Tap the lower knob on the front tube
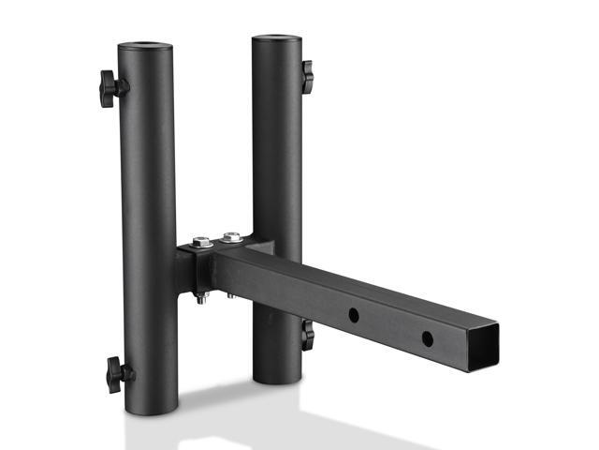click(x=117, y=374)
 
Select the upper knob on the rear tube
click(x=307, y=76)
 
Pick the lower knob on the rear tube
click(x=307, y=335)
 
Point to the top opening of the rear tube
click(x=276, y=39)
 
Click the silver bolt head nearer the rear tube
click(x=231, y=237)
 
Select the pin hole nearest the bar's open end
click(x=427, y=337)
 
